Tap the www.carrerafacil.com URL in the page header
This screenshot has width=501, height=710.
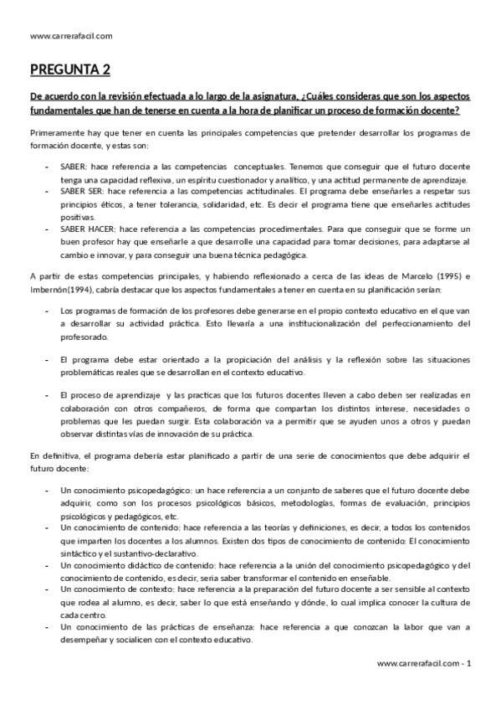pyautogui.click(x=70, y=35)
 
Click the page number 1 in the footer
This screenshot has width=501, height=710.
pyautogui.click(x=470, y=662)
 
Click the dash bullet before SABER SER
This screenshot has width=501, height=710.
pyautogui.click(x=47, y=192)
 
